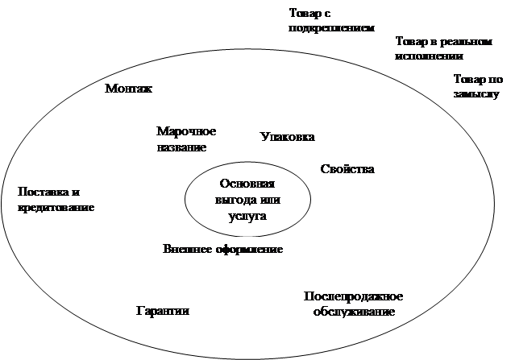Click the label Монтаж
(128, 89)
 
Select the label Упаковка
(287, 137)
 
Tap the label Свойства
(347, 169)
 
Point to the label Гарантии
(162, 311)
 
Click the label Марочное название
(185, 139)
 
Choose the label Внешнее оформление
(222, 249)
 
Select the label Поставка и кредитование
(56, 200)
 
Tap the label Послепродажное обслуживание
(353, 304)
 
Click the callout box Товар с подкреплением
(343, 21)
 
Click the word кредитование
(56, 207)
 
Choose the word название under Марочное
(181, 147)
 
